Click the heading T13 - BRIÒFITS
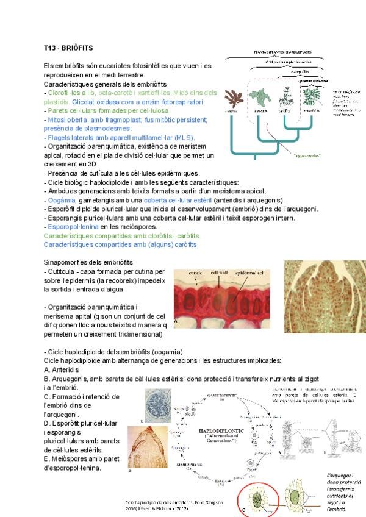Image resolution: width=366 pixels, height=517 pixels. click(x=68, y=48)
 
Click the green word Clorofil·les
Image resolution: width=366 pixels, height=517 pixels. click(x=64, y=93)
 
